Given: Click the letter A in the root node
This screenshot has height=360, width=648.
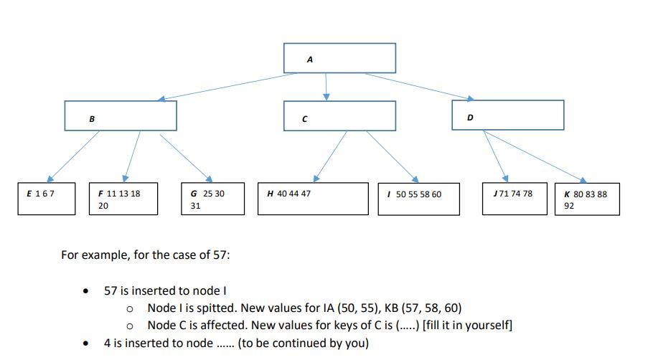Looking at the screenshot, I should [309, 60].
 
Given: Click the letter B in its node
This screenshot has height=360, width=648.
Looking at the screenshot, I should [92, 119].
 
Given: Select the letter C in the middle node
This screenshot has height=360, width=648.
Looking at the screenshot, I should [305, 119].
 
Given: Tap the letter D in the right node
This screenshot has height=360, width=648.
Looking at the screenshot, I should [470, 117].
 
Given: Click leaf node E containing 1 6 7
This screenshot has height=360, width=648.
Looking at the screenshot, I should [46, 199].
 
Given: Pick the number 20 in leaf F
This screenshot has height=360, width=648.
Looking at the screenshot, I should [103, 206].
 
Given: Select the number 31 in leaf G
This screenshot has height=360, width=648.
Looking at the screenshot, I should [195, 206].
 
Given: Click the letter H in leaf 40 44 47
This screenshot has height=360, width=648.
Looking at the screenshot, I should [270, 194].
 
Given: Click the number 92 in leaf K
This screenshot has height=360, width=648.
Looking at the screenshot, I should [569, 206].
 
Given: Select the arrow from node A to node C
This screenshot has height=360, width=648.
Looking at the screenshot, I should [327, 86].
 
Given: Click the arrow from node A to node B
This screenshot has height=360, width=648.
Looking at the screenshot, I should [230, 85].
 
